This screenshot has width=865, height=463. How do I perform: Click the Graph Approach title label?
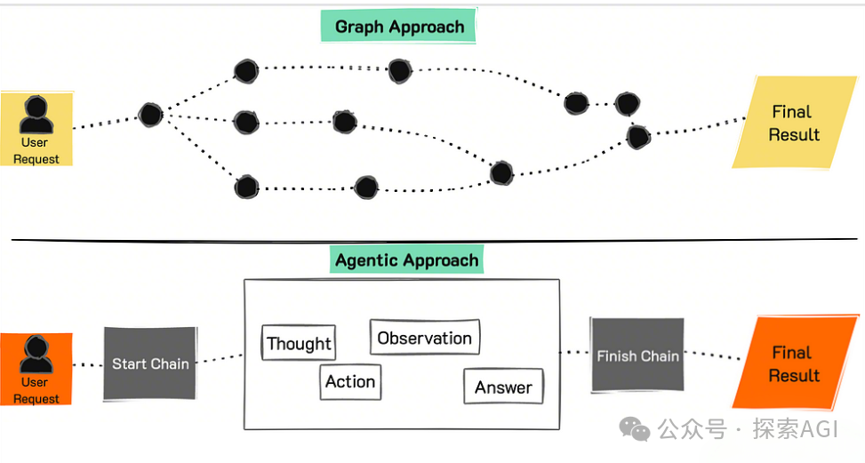point(398,26)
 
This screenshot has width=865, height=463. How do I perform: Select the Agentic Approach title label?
point(406,259)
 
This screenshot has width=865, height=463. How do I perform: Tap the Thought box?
point(299,343)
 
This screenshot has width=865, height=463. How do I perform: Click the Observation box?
point(425,338)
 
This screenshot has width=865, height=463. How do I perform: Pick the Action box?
point(350,381)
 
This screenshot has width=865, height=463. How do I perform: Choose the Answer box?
point(504,387)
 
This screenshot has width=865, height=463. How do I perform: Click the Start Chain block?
point(150,363)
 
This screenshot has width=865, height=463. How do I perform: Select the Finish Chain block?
point(637,355)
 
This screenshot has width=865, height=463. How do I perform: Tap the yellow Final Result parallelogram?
point(795,123)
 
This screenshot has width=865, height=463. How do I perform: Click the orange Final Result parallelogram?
point(795,363)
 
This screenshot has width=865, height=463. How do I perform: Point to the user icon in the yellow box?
point(36,115)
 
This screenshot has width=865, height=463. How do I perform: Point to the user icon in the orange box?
point(36,355)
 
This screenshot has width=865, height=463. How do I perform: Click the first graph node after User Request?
point(150,115)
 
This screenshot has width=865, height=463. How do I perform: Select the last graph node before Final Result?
point(638,137)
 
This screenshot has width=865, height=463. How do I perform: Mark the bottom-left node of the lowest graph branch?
point(246,187)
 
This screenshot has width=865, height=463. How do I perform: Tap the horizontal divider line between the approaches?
point(434,240)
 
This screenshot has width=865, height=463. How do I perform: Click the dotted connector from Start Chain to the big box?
point(220,359)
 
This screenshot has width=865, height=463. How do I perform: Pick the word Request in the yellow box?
point(36,159)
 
